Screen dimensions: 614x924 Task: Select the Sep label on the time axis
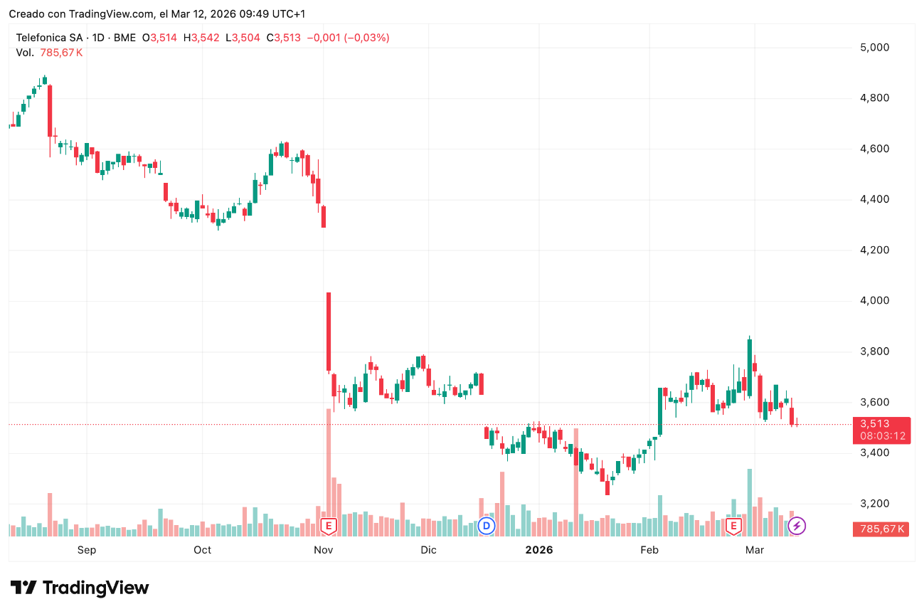coord(86,550)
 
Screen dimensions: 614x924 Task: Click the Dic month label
coord(428,550)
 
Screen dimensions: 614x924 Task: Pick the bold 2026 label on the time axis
coord(538,550)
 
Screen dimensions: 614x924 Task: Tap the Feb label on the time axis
coord(649,550)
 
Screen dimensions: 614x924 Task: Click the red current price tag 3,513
coord(881,424)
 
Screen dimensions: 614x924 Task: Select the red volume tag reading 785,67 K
coord(881,529)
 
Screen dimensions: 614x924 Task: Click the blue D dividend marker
coord(487,526)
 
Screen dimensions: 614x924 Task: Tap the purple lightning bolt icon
coord(797,526)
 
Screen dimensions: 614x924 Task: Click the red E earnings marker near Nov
coord(328,526)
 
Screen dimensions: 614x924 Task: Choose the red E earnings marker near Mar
coord(733,526)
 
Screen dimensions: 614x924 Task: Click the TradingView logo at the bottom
coord(80,588)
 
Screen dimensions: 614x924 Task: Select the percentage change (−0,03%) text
coord(367,38)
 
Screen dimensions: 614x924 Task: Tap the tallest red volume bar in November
coord(329,462)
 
